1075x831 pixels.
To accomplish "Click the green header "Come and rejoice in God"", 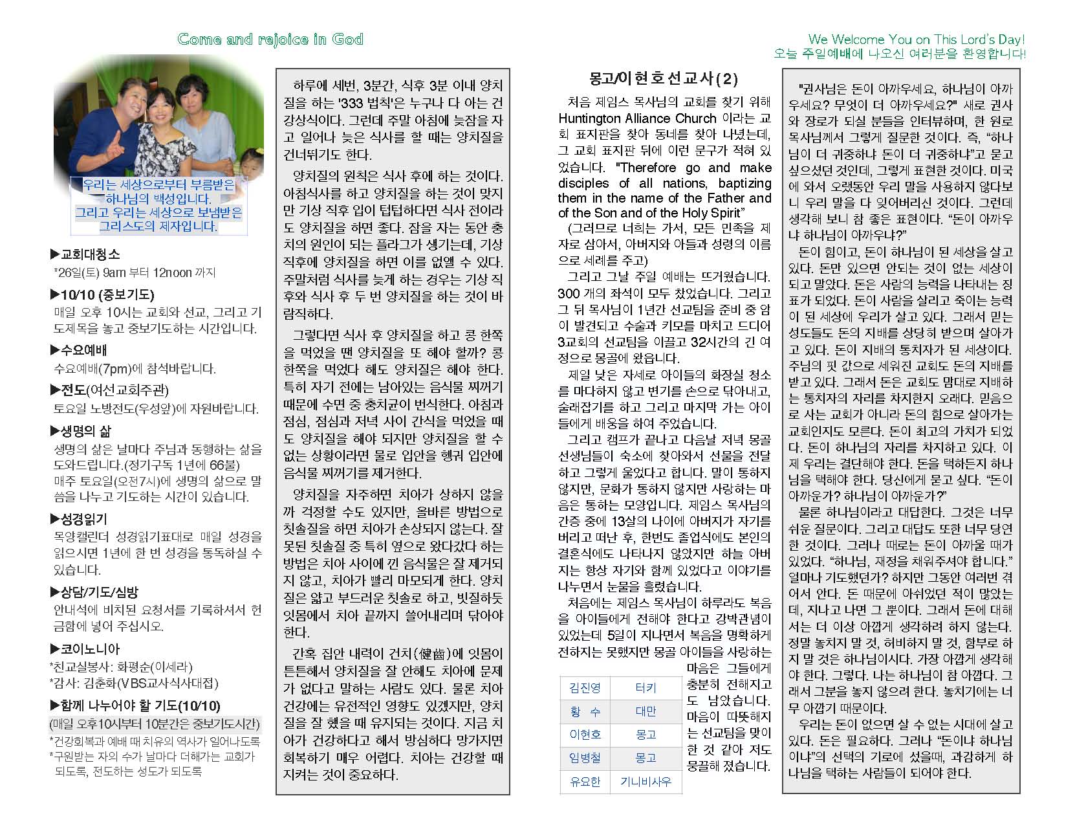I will click(x=270, y=39).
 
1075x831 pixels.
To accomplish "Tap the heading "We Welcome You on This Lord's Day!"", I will click(x=917, y=39).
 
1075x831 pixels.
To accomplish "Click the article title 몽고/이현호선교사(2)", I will click(x=663, y=79).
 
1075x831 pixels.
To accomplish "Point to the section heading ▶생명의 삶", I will click(x=80, y=431).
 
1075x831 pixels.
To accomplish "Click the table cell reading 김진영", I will click(x=585, y=688).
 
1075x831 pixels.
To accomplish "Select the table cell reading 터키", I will click(x=646, y=688).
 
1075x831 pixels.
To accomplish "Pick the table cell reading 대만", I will click(x=646, y=711).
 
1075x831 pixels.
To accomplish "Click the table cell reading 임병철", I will click(x=585, y=758).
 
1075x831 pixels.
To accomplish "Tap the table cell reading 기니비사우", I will click(x=646, y=781).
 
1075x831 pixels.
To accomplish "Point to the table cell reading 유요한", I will click(x=585, y=781).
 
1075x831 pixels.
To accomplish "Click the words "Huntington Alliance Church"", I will click(x=637, y=118).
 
